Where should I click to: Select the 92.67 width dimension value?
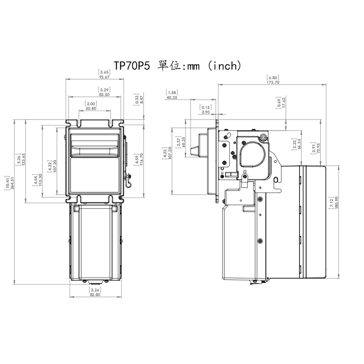pyautogui.click(x=104, y=77)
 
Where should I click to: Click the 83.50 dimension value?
pyautogui.click(x=104, y=95)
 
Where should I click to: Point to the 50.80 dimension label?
pyautogui.click(x=91, y=109)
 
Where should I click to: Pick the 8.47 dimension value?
pyautogui.click(x=142, y=100)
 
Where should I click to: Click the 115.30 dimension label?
pyautogui.click(x=40, y=182)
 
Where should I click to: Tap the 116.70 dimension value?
pyautogui.click(x=142, y=162)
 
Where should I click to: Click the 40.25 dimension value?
pyautogui.click(x=172, y=97)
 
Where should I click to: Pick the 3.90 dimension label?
pyautogui.click(x=206, y=112)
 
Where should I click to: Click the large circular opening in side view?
pyautogui.click(x=253, y=153)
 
